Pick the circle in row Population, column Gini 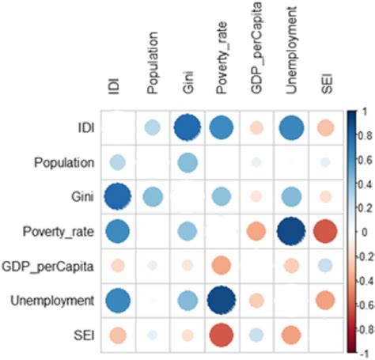click(x=187, y=162)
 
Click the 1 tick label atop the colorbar click(x=363, y=112)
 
